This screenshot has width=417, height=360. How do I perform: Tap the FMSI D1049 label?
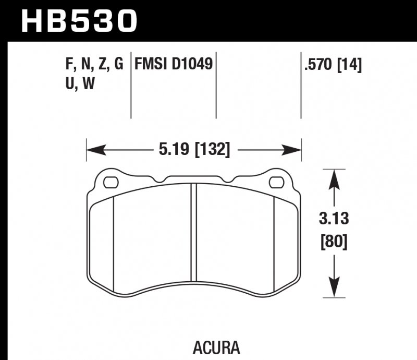click(x=173, y=65)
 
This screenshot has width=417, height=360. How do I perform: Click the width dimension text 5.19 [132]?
click(x=193, y=151)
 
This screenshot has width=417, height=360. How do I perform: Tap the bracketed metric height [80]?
click(x=334, y=242)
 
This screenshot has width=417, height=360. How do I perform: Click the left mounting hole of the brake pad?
click(x=111, y=183)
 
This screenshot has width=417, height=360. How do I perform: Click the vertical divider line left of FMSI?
click(x=130, y=86)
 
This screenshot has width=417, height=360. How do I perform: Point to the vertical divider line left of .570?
click(x=301, y=86)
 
